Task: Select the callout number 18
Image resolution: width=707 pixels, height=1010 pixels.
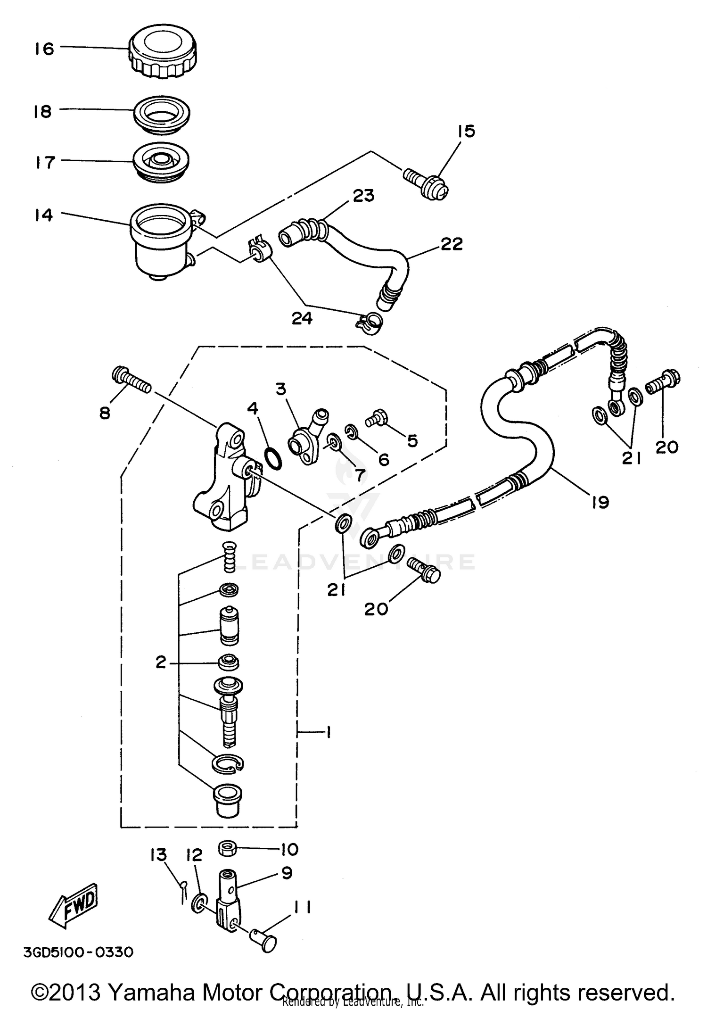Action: coord(43,112)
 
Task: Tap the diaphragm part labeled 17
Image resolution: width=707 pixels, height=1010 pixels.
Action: coord(161,162)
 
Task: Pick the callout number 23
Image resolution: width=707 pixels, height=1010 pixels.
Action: coord(363,195)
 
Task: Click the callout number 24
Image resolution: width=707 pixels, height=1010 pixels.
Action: coord(302,319)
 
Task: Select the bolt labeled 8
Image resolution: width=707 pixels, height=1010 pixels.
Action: coord(132,381)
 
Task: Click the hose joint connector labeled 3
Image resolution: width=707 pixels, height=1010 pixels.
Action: coord(306,430)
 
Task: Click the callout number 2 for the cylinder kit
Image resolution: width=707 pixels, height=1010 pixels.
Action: coord(161,663)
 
